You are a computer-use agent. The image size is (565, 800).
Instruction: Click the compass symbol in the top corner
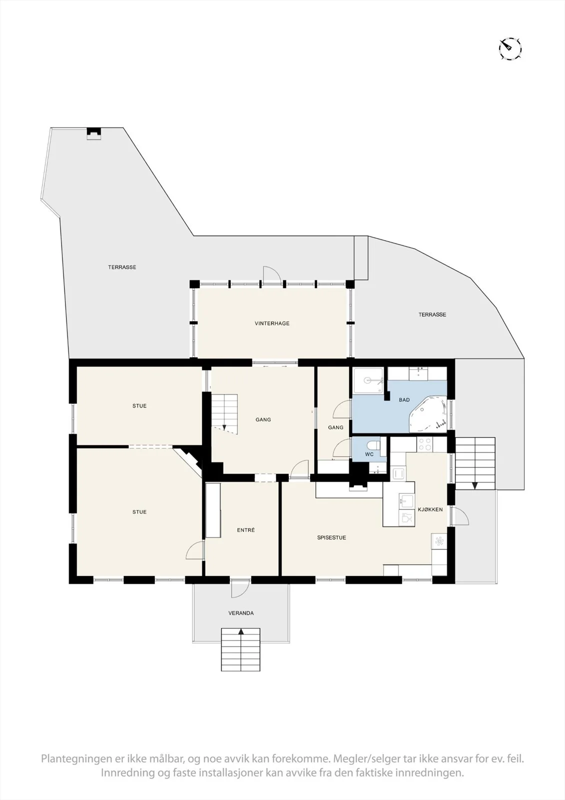(x=510, y=48)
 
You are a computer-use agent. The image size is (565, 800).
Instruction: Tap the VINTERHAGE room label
(x=272, y=323)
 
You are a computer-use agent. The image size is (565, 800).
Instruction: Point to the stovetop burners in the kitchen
(x=425, y=444)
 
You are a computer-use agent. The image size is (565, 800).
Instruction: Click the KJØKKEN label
(x=431, y=509)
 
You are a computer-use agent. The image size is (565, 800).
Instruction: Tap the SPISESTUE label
(x=332, y=537)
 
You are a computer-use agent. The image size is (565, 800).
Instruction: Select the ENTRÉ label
(x=246, y=530)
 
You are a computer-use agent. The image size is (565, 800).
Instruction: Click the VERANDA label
(x=241, y=613)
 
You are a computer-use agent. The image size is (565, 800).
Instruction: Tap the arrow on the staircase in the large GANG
(x=224, y=427)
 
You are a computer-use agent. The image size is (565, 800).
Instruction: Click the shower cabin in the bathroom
(x=368, y=380)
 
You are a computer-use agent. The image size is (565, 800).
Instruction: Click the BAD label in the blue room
(x=404, y=399)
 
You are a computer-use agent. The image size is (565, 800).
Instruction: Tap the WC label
(x=369, y=454)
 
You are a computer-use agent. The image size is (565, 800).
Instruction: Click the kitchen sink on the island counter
(x=406, y=500)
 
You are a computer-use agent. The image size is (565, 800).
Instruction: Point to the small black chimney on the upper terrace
(x=94, y=133)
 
